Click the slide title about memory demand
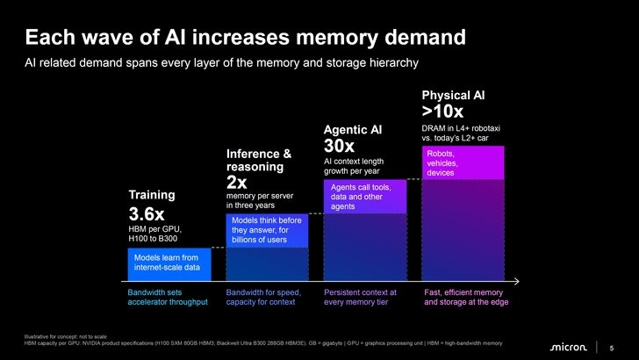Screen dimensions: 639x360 coord(246,38)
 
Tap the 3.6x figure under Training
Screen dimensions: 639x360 coord(147,214)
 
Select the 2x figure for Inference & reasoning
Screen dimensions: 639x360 coord(236,183)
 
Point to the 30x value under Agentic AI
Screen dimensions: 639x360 coord(339,146)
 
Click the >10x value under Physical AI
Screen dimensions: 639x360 coord(442,112)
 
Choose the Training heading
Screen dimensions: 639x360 coord(152,195)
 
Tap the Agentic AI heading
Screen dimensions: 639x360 coord(353,130)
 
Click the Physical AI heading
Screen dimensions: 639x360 coord(453,95)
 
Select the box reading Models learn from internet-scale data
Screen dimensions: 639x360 coord(169,264)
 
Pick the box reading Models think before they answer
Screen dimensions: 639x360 coord(267,230)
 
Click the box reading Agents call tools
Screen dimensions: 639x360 coord(365,197)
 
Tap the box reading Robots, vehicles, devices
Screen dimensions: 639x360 coord(463,162)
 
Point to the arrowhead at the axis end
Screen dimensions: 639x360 coord(517,281)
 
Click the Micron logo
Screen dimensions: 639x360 coord(569,348)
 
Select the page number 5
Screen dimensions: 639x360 coord(611,349)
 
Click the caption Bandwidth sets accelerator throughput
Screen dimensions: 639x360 coord(168,297)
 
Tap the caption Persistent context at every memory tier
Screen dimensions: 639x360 coord(360,297)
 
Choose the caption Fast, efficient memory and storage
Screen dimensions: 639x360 coord(466,297)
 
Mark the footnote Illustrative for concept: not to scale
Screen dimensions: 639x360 coord(65,337)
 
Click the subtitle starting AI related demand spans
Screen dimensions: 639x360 coord(222,63)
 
